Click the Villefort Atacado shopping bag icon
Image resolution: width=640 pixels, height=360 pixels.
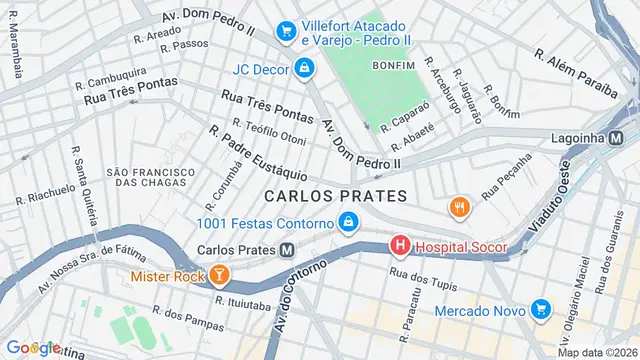click(x=287, y=32)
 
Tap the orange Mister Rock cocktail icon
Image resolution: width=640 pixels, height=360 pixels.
click(x=217, y=273)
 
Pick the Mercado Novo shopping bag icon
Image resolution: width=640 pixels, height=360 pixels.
click(x=541, y=310)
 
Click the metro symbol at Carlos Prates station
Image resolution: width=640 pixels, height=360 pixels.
click(x=287, y=249)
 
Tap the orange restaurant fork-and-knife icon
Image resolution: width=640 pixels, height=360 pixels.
click(x=460, y=207)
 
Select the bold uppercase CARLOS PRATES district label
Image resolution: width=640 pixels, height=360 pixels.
click(x=336, y=195)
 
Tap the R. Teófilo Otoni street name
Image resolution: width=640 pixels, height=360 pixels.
click(x=269, y=131)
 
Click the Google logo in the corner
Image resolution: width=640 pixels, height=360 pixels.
click(x=32, y=347)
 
